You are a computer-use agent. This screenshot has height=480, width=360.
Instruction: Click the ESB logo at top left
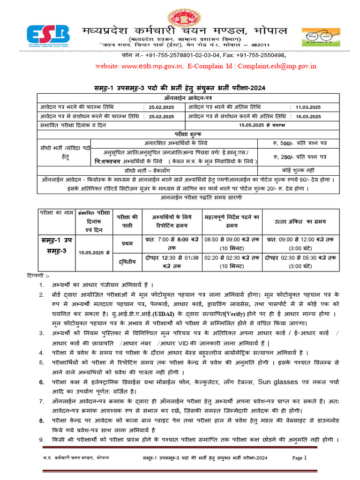click(48, 35)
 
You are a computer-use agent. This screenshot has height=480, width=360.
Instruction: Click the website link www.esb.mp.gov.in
click(152, 66)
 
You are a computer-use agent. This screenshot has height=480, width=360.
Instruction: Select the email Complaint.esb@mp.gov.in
click(277, 66)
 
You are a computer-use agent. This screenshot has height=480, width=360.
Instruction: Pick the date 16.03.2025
click(308, 116)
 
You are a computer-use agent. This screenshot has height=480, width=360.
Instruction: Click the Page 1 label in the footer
click(299, 458)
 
